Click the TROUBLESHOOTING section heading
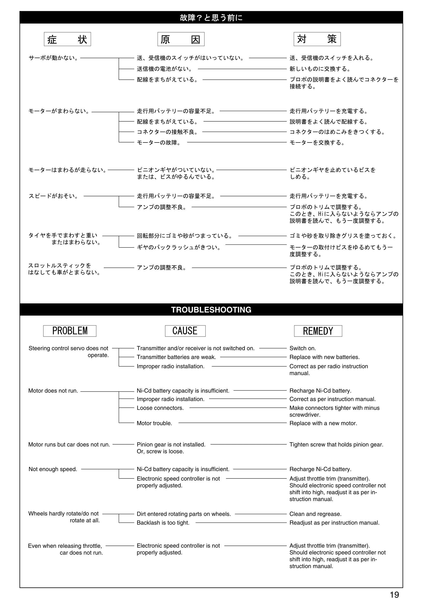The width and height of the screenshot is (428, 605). [211, 310]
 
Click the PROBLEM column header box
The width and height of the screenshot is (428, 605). [70, 331]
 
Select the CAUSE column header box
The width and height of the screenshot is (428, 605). [185, 331]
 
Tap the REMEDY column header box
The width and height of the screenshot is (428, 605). [318, 331]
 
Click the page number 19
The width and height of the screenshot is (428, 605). [394, 595]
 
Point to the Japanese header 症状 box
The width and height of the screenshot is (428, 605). [68, 39]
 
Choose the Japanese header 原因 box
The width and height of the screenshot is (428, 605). [181, 39]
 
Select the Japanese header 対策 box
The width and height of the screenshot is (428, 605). [317, 39]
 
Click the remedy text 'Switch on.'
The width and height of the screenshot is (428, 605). [302, 348]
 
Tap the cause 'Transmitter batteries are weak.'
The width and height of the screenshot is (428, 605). [176, 357]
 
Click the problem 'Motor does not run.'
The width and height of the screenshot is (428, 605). [53, 391]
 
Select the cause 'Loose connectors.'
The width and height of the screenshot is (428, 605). [160, 408]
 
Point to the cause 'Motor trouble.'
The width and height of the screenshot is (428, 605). [154, 423]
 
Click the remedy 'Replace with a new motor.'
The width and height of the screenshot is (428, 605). [323, 423]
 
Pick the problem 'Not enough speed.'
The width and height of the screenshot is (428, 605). [53, 469]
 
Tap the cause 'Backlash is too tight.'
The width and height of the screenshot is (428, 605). [163, 523]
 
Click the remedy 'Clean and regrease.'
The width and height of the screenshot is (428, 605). [315, 514]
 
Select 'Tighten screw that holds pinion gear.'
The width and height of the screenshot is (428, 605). [336, 445]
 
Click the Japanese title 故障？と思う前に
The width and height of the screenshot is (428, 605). [211, 18]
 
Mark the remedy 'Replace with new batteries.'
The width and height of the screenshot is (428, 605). [324, 357]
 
